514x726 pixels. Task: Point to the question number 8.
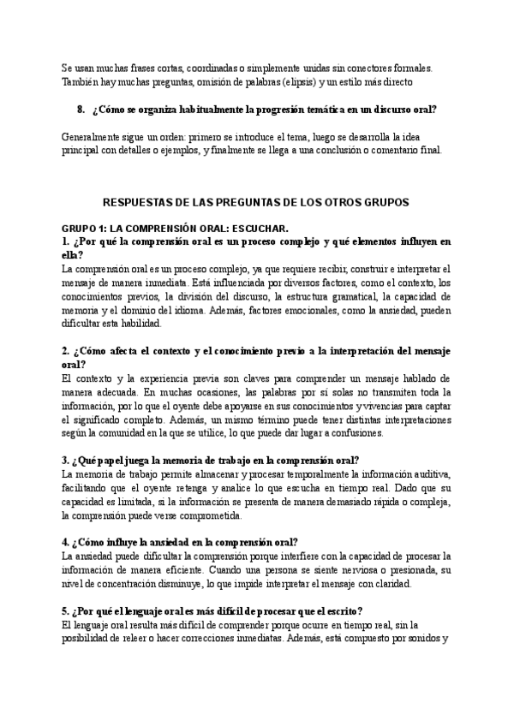point(81,110)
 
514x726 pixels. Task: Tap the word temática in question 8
point(288,110)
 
